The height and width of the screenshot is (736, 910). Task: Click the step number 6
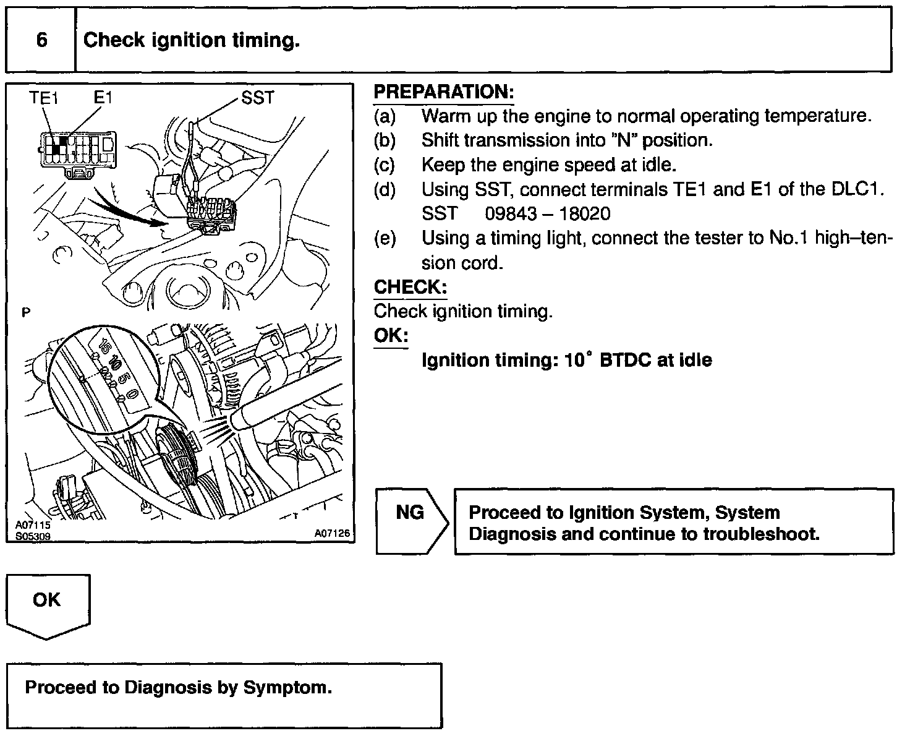pos(41,40)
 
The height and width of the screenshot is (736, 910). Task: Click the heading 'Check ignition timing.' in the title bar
pos(192,40)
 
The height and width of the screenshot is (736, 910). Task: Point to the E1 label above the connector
pos(103,97)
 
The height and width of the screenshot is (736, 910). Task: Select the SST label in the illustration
pos(257,97)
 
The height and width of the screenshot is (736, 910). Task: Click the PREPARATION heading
pos(444,92)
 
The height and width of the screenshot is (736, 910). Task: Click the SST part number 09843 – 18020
pos(547,214)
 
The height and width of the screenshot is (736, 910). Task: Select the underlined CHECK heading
pos(410,288)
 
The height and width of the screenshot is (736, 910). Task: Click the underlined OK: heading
pos(391,336)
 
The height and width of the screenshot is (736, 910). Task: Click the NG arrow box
pos(410,521)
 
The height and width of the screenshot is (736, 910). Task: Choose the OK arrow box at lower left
pos(48,603)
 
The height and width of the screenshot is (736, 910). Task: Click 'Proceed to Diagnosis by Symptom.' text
pos(179,688)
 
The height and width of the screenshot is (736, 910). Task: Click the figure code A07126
pos(332,533)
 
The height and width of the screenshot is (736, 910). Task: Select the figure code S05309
pos(33,537)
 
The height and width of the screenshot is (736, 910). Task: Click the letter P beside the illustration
pos(25,312)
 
